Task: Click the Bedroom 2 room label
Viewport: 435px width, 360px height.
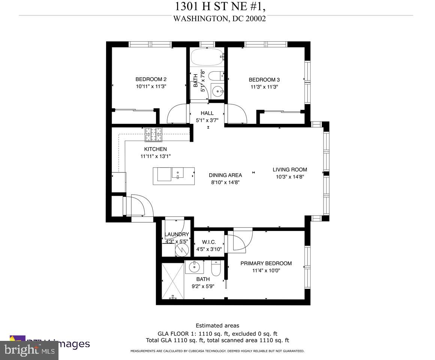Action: (151, 79)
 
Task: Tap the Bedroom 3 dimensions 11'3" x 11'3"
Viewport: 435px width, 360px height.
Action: (264, 87)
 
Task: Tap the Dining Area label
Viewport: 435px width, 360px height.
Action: (225, 175)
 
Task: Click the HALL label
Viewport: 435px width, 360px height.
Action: (207, 113)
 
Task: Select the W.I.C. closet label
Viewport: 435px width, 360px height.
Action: (209, 242)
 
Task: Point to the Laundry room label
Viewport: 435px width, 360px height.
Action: (177, 235)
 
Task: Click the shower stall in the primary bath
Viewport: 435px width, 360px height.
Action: (173, 281)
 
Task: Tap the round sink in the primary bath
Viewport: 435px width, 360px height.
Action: (194, 267)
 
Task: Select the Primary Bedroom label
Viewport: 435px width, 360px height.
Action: (266, 263)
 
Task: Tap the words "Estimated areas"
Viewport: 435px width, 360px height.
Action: (217, 325)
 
